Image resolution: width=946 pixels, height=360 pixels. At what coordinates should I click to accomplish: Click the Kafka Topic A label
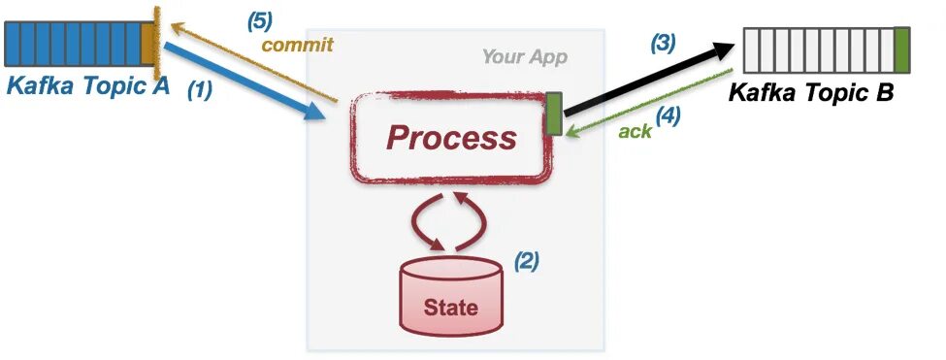pyautogui.click(x=88, y=86)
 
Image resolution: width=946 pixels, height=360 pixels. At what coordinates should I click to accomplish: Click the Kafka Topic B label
pyautogui.click(x=810, y=94)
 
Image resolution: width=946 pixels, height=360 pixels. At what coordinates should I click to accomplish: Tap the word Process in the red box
pyautogui.click(x=451, y=138)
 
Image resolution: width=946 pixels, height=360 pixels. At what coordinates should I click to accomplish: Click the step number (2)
pyautogui.click(x=525, y=261)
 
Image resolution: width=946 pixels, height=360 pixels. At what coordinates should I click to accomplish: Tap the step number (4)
pyautogui.click(x=668, y=115)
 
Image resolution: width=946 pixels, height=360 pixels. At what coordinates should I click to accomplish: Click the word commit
pyautogui.click(x=298, y=45)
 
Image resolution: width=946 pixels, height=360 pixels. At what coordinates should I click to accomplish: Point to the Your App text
pyautogui.click(x=524, y=56)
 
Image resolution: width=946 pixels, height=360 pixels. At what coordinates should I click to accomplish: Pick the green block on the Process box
pyautogui.click(x=554, y=114)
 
